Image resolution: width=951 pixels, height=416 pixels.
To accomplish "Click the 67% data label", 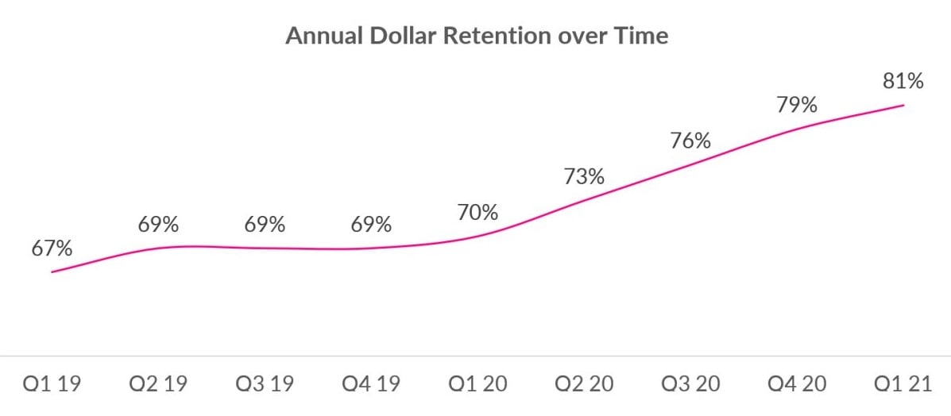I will pos(52,248).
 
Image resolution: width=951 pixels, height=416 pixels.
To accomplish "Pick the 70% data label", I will pos(477,213).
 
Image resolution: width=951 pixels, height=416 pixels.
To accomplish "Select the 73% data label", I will pos(584,177).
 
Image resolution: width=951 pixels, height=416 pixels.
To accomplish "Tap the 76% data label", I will pos(690,141).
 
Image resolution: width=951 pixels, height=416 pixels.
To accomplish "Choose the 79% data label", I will pos(797,105).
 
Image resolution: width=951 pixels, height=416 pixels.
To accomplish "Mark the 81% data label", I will pos(903,81).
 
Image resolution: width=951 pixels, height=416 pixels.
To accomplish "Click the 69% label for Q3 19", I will pos(265,225).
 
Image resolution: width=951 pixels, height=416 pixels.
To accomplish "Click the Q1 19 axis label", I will pos(52,385).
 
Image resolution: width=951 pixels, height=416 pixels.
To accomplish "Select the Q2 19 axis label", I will pos(158,385).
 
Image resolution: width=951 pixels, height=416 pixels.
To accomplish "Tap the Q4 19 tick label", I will pos(371,385).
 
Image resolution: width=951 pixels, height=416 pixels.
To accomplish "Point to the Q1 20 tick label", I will pos(477,385).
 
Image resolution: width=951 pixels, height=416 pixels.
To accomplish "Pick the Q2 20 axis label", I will pos(584,385).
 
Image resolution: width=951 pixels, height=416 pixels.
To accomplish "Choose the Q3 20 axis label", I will pos(690,385).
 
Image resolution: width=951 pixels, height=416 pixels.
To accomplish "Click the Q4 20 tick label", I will pos(797,385).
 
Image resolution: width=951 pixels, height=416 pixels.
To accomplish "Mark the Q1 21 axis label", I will pos(903,385).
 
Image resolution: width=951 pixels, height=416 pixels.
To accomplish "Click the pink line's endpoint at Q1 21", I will pos(903,106).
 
